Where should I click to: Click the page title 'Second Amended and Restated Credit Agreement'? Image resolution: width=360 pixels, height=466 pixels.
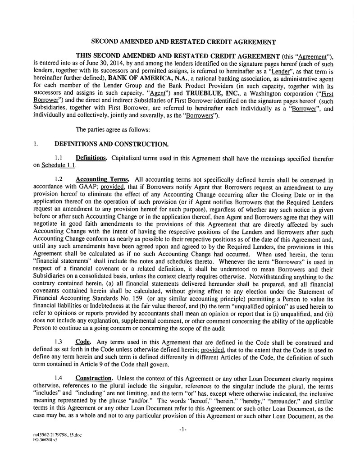pyautogui.click(x=183, y=42)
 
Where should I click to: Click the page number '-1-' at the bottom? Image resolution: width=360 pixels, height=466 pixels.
pyautogui.click(x=183, y=430)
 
